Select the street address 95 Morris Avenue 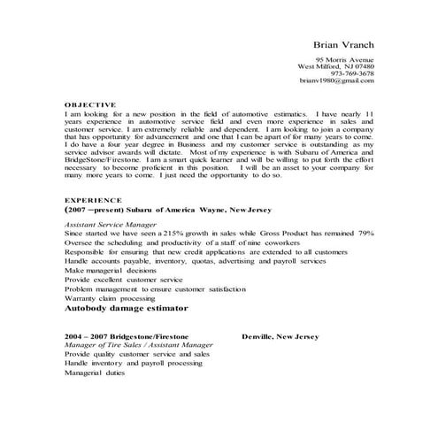tap(343, 58)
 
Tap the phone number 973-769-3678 tap(353, 73)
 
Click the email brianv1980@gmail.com tap(336, 81)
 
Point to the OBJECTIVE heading tap(90, 104)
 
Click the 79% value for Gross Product tap(365, 234)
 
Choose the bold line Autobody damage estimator tap(127, 310)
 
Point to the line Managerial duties tap(95, 373)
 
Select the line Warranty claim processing tap(111, 299)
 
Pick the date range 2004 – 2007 tap(85, 337)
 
